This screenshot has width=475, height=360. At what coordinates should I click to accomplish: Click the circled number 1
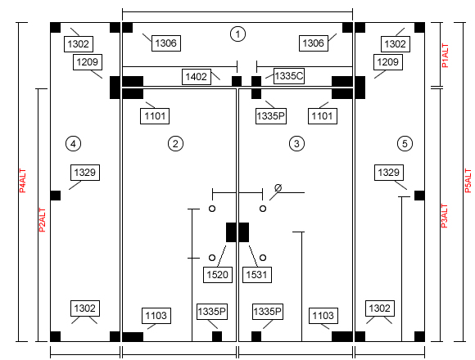237,34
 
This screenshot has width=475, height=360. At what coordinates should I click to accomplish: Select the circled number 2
175,143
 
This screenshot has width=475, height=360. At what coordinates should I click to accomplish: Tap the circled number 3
296,143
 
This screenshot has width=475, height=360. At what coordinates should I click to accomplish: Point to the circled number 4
73,143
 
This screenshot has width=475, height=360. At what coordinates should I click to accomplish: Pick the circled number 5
405,143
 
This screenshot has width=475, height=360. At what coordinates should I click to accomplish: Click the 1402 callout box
197,77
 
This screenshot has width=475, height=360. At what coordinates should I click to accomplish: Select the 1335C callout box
289,76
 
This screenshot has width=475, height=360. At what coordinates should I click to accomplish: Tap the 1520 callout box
218,275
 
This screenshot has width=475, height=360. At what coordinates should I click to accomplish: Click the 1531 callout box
257,275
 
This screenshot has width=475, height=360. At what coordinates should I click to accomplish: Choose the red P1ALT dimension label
445,56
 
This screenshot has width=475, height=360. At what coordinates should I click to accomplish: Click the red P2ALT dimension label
43,220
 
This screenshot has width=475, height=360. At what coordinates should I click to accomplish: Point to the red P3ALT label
444,216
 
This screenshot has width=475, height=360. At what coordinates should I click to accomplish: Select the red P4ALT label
23,181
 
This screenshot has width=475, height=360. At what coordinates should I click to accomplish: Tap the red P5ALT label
468,181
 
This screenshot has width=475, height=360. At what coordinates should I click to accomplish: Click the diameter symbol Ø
278,188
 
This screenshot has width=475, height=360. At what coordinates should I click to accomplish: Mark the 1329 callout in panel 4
85,173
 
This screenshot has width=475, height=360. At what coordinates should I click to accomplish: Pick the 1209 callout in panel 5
388,62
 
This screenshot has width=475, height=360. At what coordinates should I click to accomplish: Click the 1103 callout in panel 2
156,316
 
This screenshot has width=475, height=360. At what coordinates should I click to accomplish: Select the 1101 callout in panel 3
323,116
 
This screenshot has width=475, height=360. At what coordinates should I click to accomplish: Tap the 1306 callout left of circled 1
166,43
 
